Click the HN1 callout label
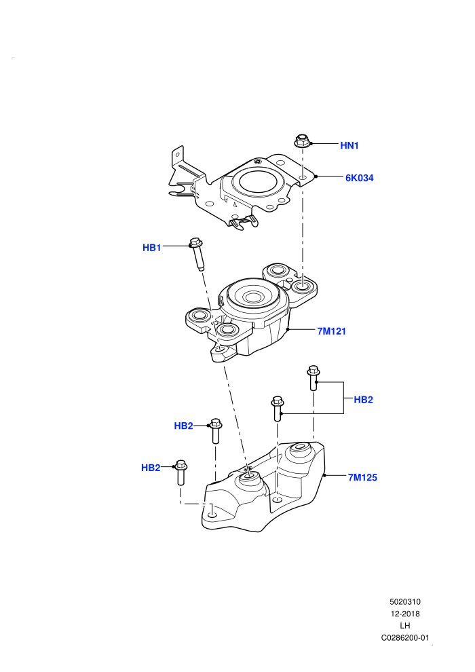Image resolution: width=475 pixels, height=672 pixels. click(x=349, y=146)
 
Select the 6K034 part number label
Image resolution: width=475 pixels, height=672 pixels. click(x=360, y=178)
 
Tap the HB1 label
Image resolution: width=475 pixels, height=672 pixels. click(x=151, y=248)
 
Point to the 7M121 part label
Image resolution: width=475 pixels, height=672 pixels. click(x=332, y=331)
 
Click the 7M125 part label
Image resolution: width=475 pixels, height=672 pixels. click(x=362, y=477)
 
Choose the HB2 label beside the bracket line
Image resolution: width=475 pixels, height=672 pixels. click(x=363, y=400)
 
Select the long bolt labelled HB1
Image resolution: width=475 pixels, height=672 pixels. click(x=196, y=254)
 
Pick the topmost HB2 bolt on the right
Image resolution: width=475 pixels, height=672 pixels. click(x=313, y=377)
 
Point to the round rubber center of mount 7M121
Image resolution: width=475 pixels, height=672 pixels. click(x=254, y=296)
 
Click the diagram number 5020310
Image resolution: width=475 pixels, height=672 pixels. click(x=404, y=601)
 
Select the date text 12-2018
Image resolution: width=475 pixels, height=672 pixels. click(x=404, y=614)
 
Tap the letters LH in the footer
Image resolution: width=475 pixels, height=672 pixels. click(x=404, y=626)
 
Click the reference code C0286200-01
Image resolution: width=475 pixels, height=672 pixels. click(x=404, y=637)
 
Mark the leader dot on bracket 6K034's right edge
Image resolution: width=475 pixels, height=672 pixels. click(x=316, y=176)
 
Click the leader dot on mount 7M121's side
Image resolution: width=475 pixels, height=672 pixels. click(x=288, y=330)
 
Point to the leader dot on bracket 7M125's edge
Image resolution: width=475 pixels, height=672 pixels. click(x=324, y=475)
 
